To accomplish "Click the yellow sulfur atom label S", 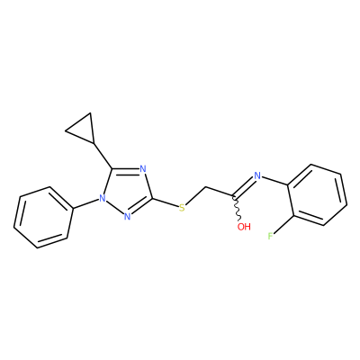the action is [x=182, y=207].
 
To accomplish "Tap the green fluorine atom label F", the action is [x=270, y=237].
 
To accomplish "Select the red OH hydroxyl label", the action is [x=244, y=227].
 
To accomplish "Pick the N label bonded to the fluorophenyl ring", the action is [x=257, y=175].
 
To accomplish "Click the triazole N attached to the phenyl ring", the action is [x=103, y=198].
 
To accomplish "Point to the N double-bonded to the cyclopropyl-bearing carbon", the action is [x=143, y=169].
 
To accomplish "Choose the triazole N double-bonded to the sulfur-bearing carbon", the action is [x=127, y=216].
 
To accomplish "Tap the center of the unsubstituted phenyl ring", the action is [x=44, y=218].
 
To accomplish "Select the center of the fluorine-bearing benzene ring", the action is [x=318, y=194].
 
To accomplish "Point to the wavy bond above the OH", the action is [x=237, y=210].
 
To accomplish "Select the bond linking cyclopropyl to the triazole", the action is [x=103, y=156].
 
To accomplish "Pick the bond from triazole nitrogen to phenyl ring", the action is [x=85, y=203].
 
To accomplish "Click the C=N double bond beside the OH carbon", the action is [x=245, y=187].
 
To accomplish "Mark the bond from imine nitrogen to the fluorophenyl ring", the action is [x=274, y=181].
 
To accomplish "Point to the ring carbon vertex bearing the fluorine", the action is [x=293, y=215].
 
